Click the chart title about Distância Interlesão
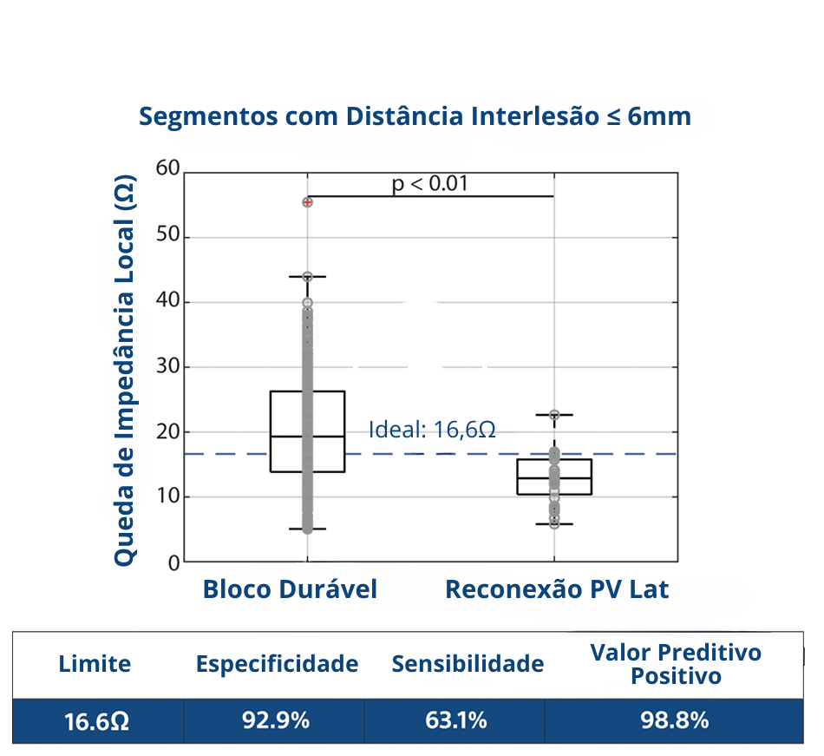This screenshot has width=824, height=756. pyautogui.click(x=415, y=116)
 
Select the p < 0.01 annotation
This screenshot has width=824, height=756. pyautogui.click(x=430, y=184)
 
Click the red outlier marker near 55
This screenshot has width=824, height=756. pyautogui.click(x=308, y=202)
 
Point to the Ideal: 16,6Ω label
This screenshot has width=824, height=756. pyautogui.click(x=432, y=430)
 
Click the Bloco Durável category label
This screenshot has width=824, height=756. pyautogui.click(x=290, y=590)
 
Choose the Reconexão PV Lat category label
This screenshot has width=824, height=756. pyautogui.click(x=557, y=590)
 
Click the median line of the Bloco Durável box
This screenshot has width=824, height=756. pyautogui.click(x=308, y=437)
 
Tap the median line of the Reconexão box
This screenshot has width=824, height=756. pyautogui.click(x=554, y=477)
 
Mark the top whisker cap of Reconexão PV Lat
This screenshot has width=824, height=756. pyautogui.click(x=554, y=415)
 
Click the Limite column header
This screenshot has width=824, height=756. pyautogui.click(x=95, y=665)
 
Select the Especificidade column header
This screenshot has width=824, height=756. pyautogui.click(x=277, y=665)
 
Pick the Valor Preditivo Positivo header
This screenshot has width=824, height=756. pyautogui.click(x=675, y=664)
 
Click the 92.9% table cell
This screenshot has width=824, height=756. pyautogui.click(x=275, y=720)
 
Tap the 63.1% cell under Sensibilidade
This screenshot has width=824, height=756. pyautogui.click(x=455, y=720)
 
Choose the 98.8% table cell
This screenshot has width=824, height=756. pyautogui.click(x=675, y=720)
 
